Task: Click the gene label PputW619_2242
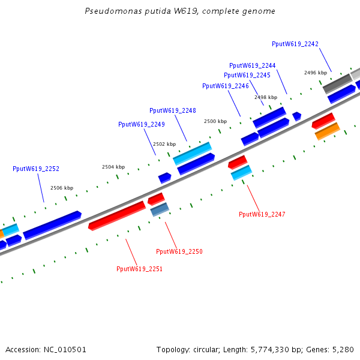point(295,44)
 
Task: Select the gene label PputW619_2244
point(252,65)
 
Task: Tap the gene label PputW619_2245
point(247,75)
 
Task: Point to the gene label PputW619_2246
point(225,86)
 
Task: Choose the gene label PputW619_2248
point(172,110)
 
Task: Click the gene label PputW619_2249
point(141,124)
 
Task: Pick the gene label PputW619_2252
point(35,169)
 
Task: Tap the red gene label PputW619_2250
point(179,251)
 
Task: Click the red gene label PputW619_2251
point(139,269)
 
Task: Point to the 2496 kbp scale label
point(315,73)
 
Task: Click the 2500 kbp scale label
point(215,121)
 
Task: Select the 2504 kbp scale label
point(113,167)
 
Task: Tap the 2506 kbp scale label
point(62,188)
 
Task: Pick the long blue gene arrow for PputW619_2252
point(52,225)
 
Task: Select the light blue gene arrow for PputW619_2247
point(241,173)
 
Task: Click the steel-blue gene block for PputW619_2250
point(160,209)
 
